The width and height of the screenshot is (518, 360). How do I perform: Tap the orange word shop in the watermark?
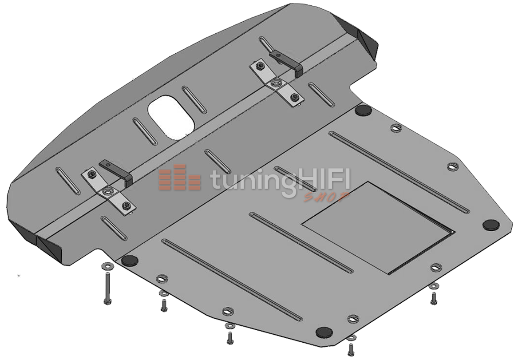326,197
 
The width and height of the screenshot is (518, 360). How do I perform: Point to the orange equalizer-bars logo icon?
180,178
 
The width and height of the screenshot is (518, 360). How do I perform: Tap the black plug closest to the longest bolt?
130,261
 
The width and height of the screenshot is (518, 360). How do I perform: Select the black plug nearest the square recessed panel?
492,225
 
